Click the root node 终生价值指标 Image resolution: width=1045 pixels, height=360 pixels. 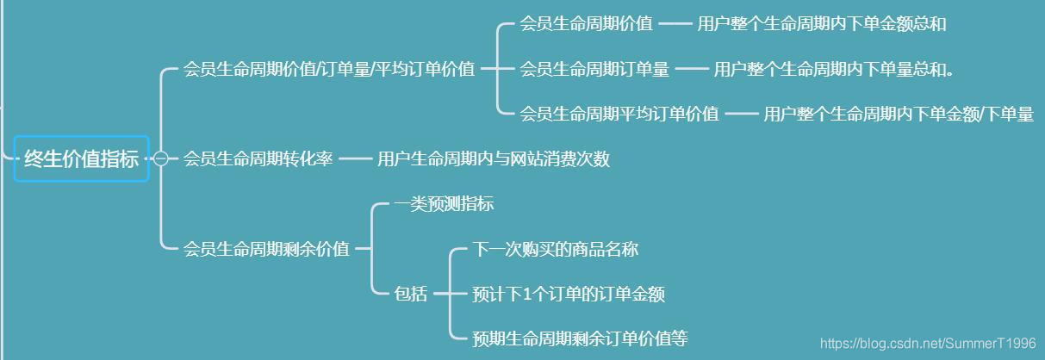(81, 158)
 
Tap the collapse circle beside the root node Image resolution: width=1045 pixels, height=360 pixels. (160, 158)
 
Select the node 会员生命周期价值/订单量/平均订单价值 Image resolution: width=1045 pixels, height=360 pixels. (329, 69)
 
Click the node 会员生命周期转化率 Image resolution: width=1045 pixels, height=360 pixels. (258, 158)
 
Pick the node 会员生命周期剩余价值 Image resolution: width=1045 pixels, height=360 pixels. (266, 249)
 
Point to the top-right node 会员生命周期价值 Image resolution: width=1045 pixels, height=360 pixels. (586, 24)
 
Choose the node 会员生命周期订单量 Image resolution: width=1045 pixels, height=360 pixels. (594, 69)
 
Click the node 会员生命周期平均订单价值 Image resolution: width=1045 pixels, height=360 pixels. (619, 114)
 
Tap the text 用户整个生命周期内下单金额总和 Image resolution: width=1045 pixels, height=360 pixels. (821, 24)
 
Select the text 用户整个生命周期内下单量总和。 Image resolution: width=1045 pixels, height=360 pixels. (833, 69)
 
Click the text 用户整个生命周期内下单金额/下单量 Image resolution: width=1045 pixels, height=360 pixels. (898, 114)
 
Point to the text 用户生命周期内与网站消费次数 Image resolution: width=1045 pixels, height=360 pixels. (493, 158)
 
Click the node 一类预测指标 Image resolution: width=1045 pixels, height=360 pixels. (444, 204)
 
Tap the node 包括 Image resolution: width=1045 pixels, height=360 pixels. (410, 294)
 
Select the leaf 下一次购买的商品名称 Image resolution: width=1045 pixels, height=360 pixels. (555, 249)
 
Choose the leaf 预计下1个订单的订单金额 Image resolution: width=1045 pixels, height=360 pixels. (569, 294)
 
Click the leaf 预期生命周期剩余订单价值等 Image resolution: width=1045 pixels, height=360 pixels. (580, 338)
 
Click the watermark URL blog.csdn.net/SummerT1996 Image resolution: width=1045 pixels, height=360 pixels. (927, 343)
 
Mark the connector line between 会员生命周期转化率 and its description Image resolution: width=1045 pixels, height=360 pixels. (354, 158)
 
